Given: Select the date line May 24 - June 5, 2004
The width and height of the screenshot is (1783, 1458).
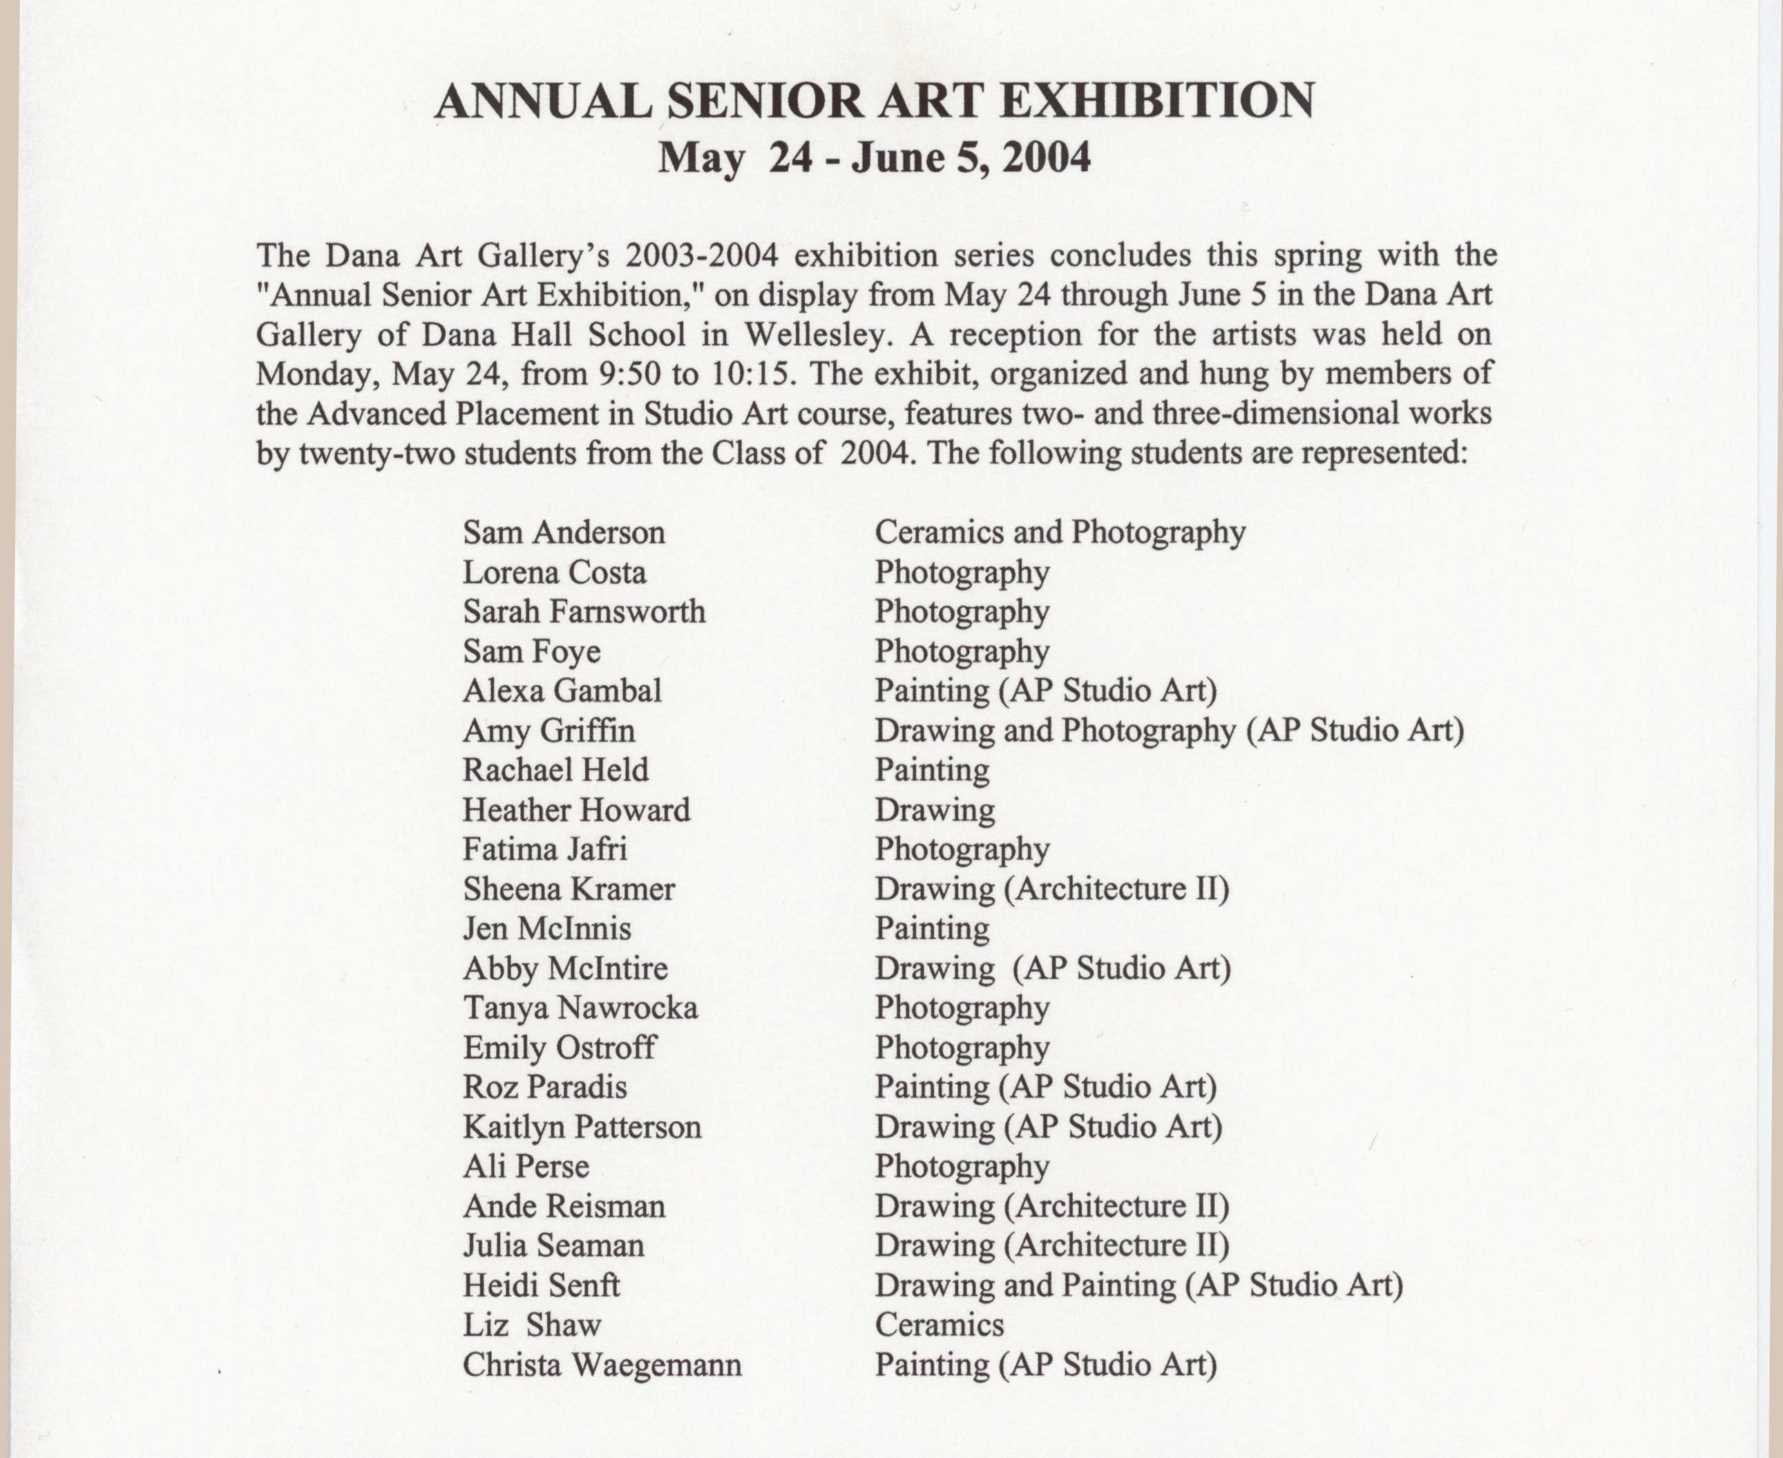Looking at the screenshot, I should tap(874, 157).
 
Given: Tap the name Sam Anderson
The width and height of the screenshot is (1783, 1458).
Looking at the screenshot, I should tap(564, 532).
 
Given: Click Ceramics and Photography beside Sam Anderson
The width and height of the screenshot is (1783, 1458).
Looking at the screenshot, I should tap(1060, 532).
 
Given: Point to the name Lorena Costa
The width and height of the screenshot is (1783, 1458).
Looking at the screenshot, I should tap(555, 573).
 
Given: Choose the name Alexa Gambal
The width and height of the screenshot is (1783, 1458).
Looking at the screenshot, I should tap(562, 691).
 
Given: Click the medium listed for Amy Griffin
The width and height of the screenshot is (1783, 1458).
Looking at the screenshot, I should tap(1169, 730).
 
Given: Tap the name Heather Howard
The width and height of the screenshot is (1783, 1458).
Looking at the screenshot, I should tap(576, 810).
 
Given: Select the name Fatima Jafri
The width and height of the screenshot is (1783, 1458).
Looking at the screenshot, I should tap(544, 849).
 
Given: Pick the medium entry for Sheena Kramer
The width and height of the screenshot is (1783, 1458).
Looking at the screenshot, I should tap(1051, 889).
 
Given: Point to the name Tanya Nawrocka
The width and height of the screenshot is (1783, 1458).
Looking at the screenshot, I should tap(580, 1008).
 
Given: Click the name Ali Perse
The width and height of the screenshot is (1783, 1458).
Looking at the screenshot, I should tap(526, 1167).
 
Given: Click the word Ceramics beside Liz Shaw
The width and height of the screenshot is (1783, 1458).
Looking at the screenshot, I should tap(940, 1325).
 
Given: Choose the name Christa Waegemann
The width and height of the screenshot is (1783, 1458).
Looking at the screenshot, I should tap(602, 1365).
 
